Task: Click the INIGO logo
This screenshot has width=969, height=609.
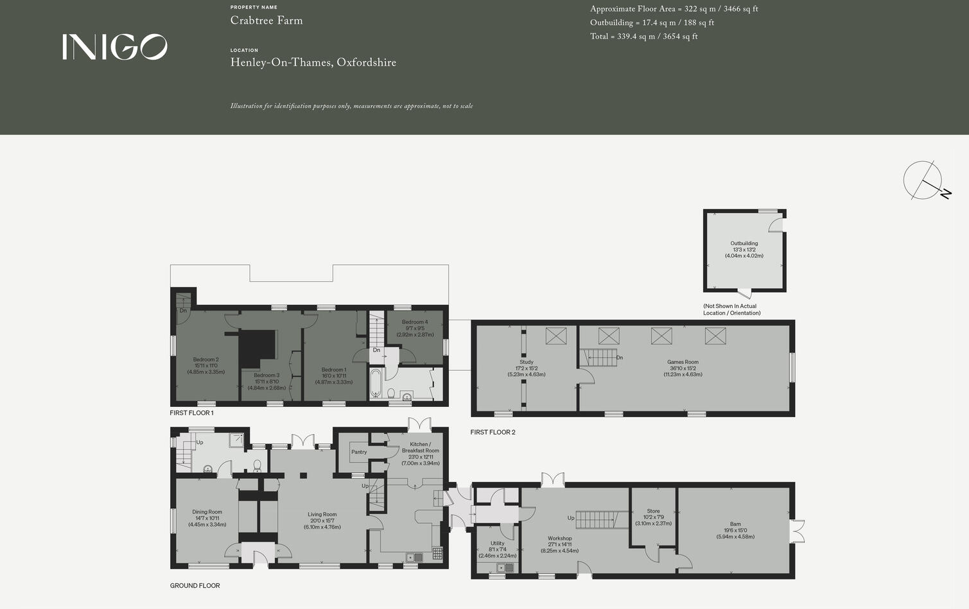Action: [115, 47]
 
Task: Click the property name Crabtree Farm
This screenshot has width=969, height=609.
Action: [266, 21]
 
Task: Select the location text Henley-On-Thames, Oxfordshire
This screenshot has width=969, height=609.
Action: [313, 62]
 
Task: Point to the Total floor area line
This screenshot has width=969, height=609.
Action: [643, 37]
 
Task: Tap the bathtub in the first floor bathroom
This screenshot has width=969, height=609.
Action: [376, 384]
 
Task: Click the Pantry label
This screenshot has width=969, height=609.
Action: [359, 452]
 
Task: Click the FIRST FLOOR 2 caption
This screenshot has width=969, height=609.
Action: [493, 433]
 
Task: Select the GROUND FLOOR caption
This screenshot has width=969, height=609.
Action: [195, 586]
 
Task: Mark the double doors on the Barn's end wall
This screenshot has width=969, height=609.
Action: [799, 531]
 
